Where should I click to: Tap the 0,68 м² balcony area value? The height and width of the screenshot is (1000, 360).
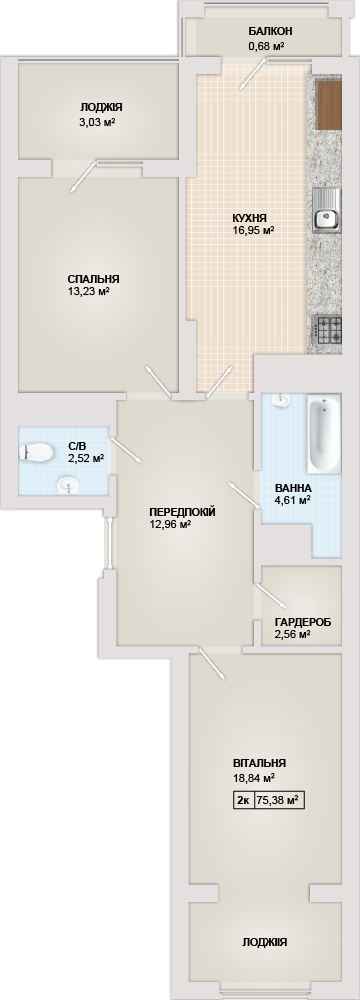pos(267,46)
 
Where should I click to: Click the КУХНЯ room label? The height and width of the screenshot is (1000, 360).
pos(250,216)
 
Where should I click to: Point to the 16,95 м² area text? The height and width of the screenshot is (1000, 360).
pos(253,230)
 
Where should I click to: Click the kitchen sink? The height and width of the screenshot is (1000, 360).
pos(327,210)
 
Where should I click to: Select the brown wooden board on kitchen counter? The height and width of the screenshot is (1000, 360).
pos(329,105)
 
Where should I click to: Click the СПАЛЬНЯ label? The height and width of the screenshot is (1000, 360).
pos(94,279)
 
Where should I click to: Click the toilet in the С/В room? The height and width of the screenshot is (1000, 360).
pos(36,452)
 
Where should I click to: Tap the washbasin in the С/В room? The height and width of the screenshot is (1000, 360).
pos(68,486)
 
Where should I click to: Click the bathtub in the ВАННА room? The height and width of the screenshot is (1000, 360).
pos(324,435)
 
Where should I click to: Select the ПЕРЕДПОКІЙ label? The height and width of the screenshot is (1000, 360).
pos(182,511)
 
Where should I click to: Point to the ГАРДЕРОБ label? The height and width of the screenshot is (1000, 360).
pos(303,622)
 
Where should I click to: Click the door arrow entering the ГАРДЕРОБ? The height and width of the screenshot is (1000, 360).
pos(271,594)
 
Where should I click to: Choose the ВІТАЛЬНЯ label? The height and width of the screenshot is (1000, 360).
pos(259,763)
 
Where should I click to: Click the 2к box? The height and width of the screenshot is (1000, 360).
pos(243,800)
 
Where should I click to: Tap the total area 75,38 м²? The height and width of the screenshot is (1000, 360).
pos(278,800)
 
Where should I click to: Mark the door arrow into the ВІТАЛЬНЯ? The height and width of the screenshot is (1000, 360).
pos(212,664)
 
